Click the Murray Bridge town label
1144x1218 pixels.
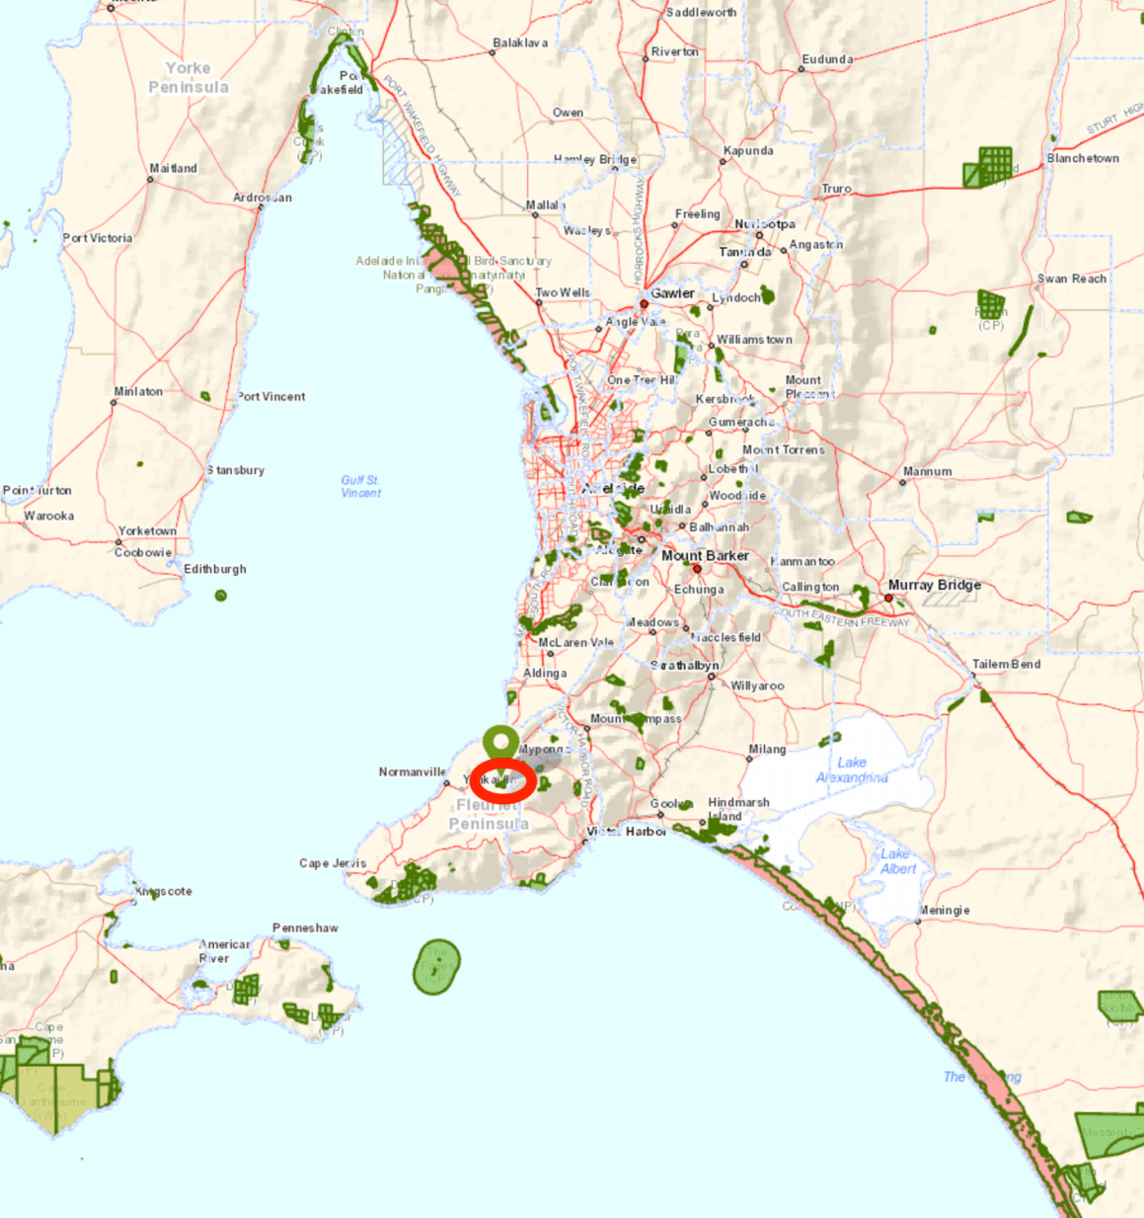[934, 585]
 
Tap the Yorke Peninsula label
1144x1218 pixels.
[189, 77]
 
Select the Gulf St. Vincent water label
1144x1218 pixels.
[361, 486]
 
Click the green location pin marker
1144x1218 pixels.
[501, 744]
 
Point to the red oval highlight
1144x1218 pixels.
[503, 781]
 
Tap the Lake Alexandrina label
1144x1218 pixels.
[851, 770]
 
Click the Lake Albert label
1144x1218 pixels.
[897, 860]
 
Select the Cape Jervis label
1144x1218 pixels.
[333, 863]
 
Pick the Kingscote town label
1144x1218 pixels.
[164, 891]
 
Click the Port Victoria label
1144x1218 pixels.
[97, 238]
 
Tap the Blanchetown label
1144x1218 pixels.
[1083, 158]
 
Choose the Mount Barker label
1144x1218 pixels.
[705, 556]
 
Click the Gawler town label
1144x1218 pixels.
[672, 293]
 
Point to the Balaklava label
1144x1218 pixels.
[519, 43]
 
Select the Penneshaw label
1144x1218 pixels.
[305, 928]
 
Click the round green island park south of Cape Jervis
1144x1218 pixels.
[436, 966]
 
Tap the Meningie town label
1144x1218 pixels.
[945, 910]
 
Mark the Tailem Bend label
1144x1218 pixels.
[1006, 664]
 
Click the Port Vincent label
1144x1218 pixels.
[271, 396]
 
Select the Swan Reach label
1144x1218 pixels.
[1071, 279]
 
